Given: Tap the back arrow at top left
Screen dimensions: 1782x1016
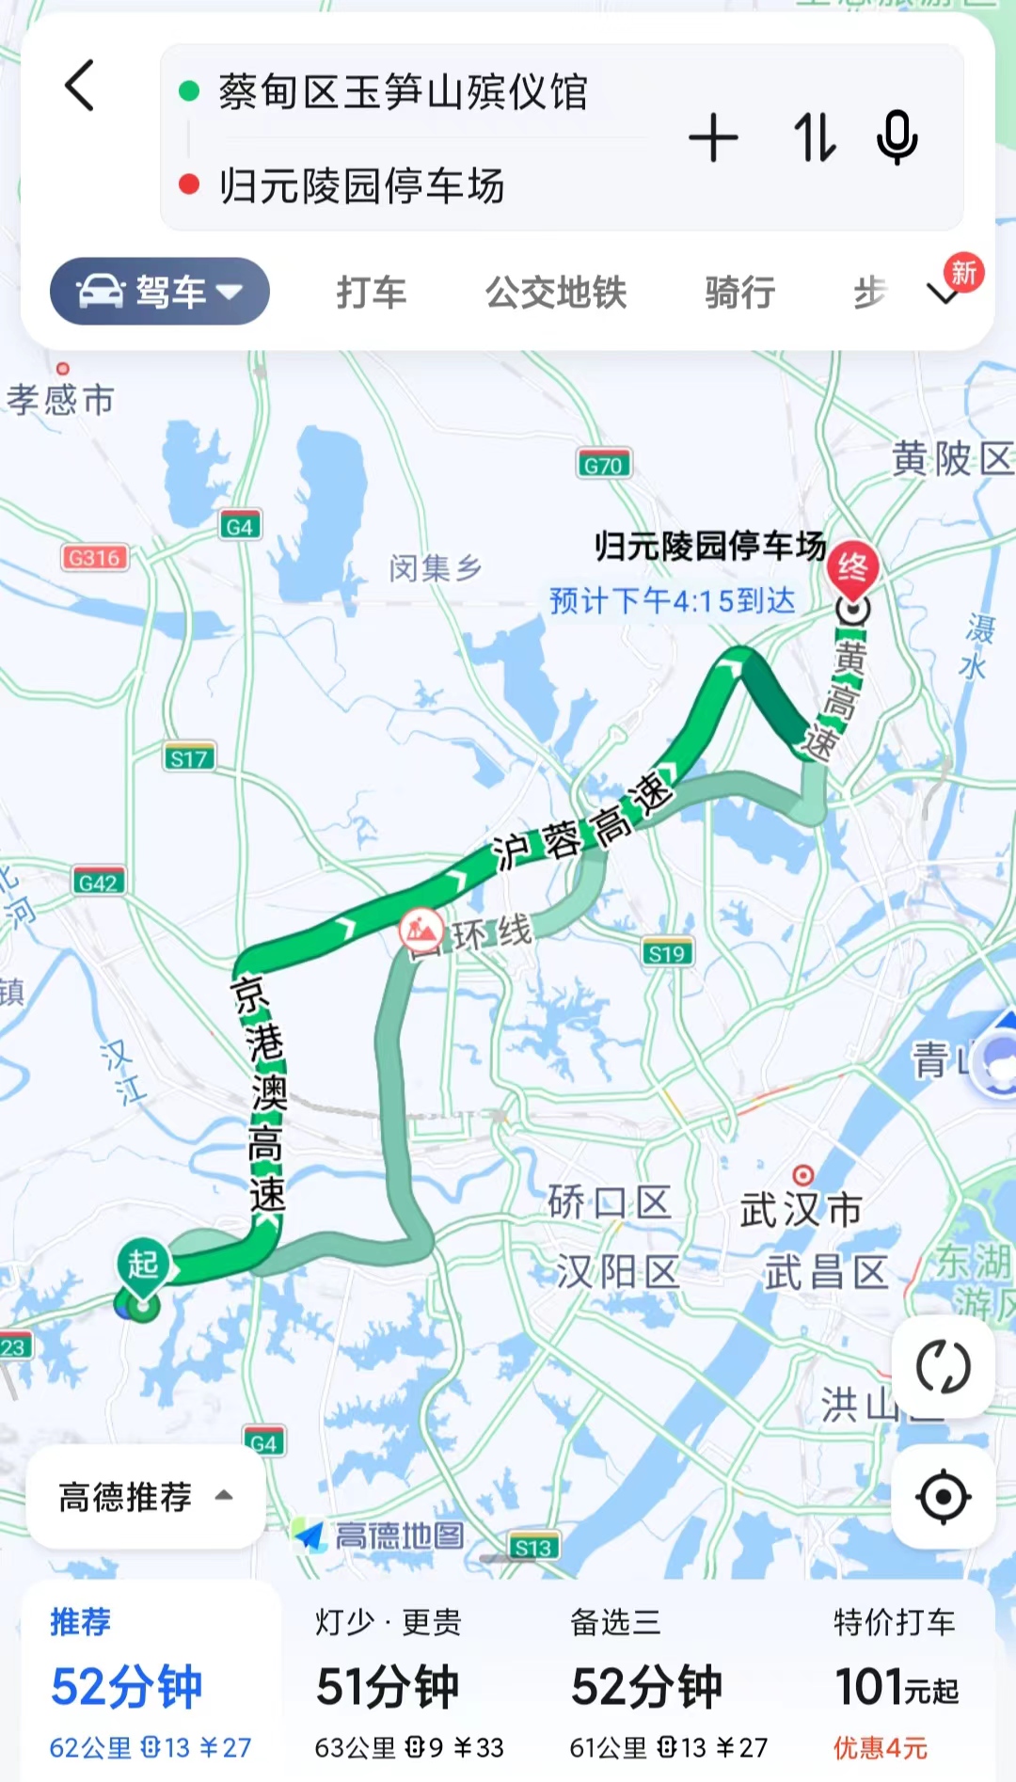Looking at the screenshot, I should click(80, 87).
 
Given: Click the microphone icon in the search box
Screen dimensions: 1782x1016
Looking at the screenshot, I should click(897, 138).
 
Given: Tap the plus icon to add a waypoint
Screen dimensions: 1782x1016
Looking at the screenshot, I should click(713, 138).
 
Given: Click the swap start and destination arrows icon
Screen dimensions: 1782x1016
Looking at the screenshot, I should click(814, 138).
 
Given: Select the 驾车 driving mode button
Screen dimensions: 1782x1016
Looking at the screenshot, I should click(160, 292).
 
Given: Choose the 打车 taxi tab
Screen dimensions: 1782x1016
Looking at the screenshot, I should click(372, 293).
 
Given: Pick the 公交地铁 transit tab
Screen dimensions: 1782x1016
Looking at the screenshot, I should click(556, 293).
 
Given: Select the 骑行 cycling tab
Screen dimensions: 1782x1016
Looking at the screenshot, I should click(739, 293).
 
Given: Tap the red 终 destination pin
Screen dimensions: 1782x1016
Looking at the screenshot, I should click(852, 568).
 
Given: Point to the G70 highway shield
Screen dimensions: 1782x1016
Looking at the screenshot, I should click(603, 465).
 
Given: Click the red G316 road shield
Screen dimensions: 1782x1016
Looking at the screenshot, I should click(94, 558).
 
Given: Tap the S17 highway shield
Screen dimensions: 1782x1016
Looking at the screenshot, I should click(188, 758).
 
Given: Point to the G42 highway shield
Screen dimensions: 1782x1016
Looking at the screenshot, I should click(99, 883).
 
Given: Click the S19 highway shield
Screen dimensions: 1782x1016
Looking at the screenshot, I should click(667, 953).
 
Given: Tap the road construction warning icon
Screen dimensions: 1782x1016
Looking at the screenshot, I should click(421, 931).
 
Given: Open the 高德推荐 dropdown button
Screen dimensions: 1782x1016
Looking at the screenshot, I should click(145, 1496).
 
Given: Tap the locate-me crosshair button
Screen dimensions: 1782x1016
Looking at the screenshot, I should click(943, 1497).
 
